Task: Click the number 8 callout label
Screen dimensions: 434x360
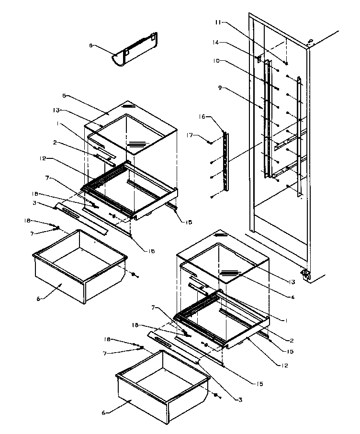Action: [x=90, y=45]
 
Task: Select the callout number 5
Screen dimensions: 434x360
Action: [x=65, y=96]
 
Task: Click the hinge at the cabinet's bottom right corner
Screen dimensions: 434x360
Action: [x=305, y=274]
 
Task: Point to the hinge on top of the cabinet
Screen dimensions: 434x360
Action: [x=309, y=42]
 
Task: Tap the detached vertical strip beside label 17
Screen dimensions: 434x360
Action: [x=226, y=156]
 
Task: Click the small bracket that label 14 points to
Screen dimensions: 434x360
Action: [x=259, y=59]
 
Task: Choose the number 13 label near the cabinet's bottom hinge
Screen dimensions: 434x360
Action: [x=291, y=283]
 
